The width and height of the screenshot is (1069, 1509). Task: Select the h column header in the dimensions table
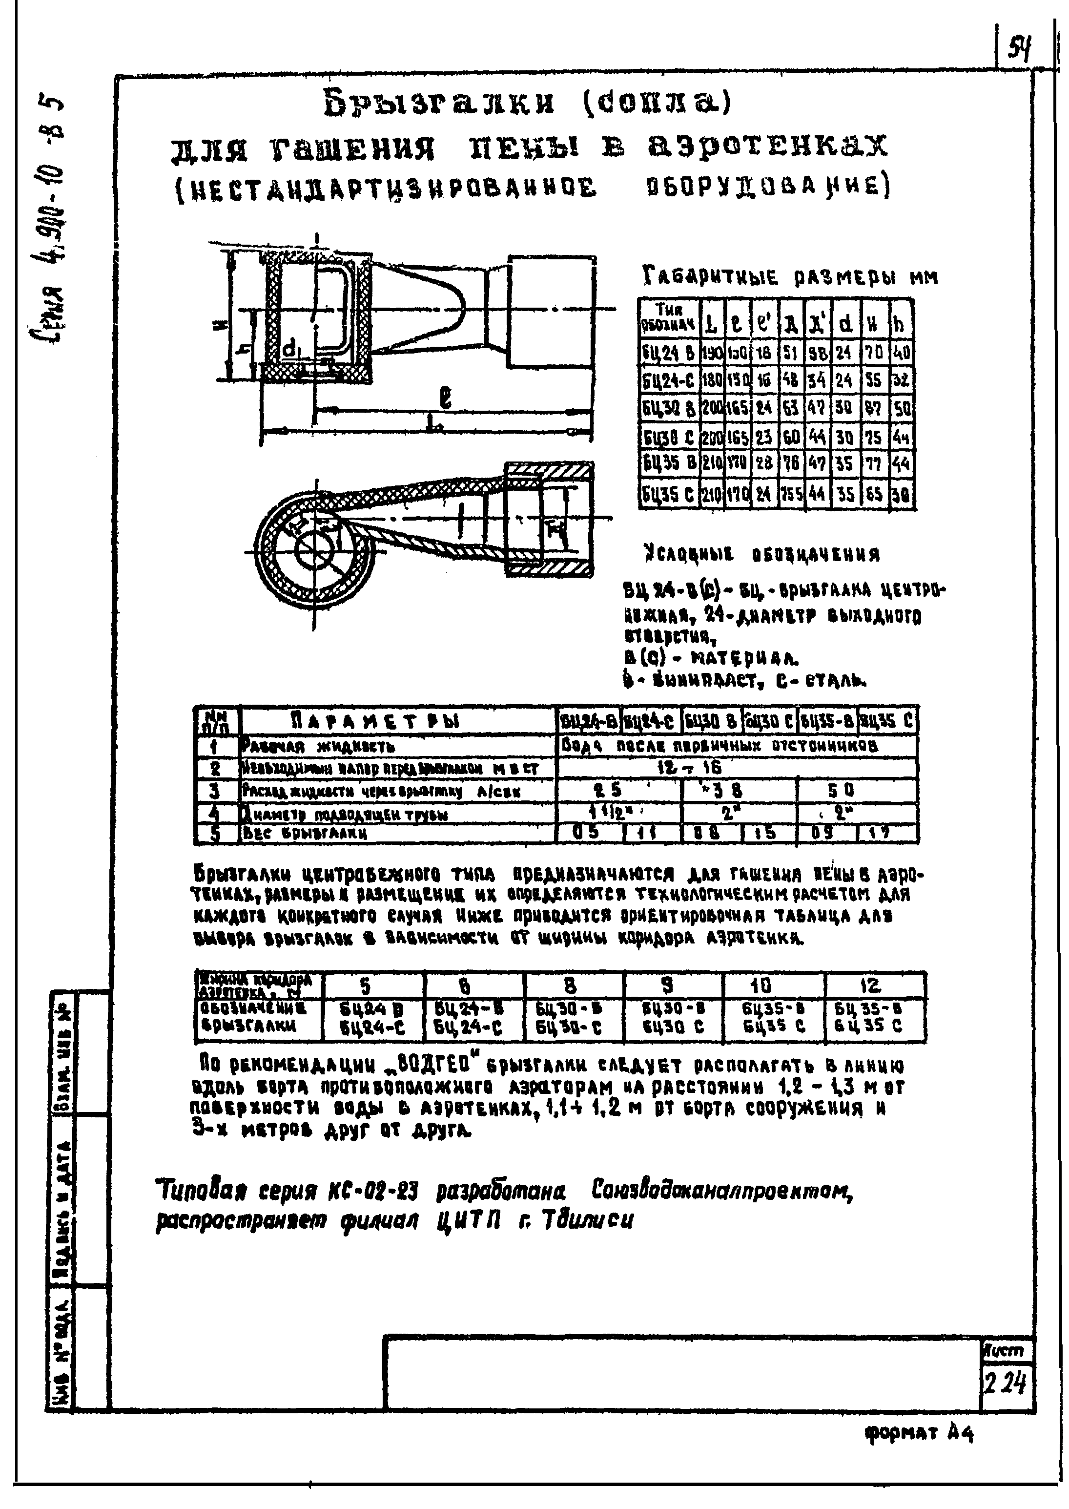[x=899, y=323]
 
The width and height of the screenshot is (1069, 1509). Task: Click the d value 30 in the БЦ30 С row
[x=843, y=437]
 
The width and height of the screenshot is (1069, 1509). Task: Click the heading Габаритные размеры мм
[x=789, y=278]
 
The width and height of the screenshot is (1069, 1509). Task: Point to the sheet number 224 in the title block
[x=1005, y=1388]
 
